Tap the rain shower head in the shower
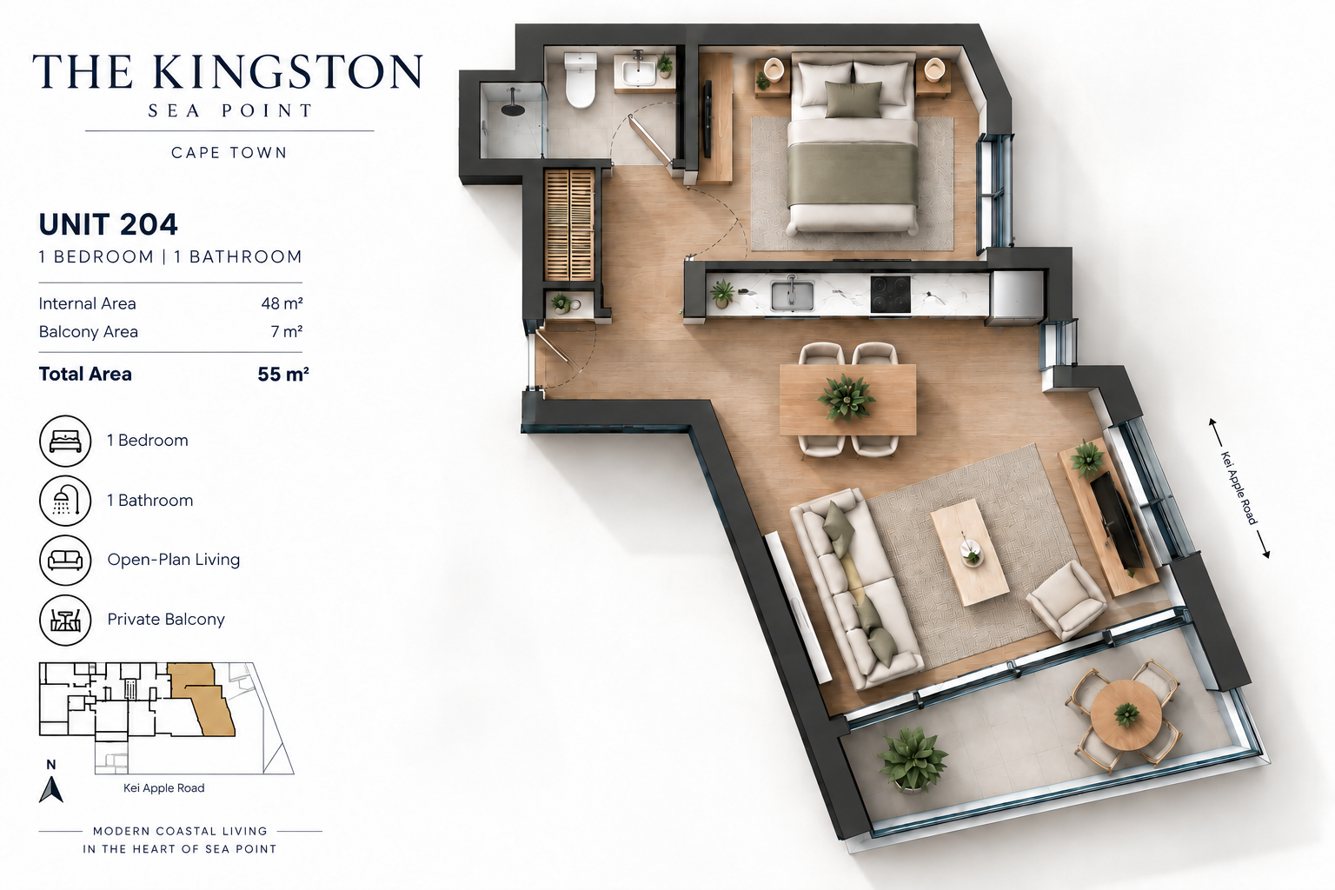(x=513, y=106)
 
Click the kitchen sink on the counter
(x=792, y=296)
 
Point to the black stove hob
(x=890, y=295)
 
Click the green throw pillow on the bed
(x=853, y=100)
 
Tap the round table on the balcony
(x=1126, y=715)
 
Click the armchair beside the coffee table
(x=1066, y=599)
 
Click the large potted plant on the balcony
(x=913, y=760)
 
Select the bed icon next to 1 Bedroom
(x=65, y=442)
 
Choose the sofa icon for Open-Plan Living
(x=65, y=561)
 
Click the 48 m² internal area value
(x=282, y=303)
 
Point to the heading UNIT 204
(x=109, y=225)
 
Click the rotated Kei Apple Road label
(x=1239, y=488)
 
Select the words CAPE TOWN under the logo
(x=229, y=153)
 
